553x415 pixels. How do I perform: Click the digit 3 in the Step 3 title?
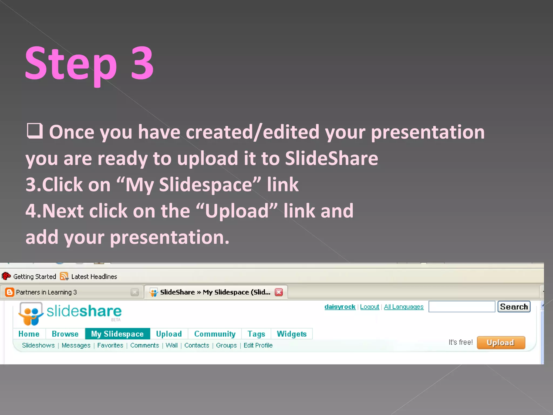click(142, 63)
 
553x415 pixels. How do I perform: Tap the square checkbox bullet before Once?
click(35, 131)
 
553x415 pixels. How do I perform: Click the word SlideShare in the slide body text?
click(331, 158)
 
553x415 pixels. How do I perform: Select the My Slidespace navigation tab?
click(117, 334)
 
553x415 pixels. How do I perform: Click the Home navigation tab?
click(29, 334)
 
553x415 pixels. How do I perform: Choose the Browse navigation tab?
click(65, 334)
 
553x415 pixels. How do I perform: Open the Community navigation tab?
click(215, 334)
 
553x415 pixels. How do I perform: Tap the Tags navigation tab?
click(256, 334)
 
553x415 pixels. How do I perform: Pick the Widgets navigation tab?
click(292, 334)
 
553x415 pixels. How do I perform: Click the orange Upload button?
click(501, 343)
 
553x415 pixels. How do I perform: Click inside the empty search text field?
click(461, 307)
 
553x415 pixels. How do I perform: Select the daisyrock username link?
click(340, 307)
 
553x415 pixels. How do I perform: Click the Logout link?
click(369, 307)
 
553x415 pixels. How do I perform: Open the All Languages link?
click(404, 307)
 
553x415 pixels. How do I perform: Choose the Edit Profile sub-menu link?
click(258, 345)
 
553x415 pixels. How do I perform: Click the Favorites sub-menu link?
click(110, 345)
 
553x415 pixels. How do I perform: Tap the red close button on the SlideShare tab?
click(279, 292)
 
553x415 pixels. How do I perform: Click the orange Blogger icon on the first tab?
click(9, 292)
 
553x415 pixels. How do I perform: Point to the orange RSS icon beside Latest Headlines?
click(64, 276)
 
